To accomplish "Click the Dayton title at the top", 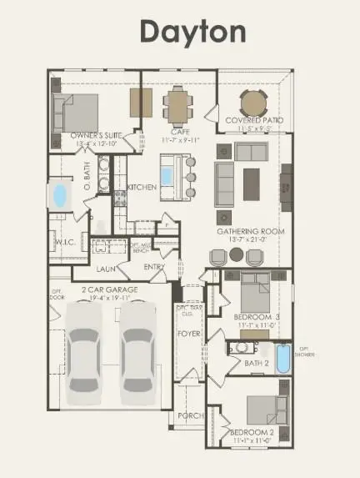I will pyautogui.click(x=192, y=32).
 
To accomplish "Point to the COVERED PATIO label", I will pyautogui.click(x=254, y=121).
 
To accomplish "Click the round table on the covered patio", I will pyautogui.click(x=253, y=103).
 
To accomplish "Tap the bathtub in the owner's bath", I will pyautogui.click(x=60, y=195).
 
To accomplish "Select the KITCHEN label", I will pyautogui.click(x=142, y=188).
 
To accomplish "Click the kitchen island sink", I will pyautogui.click(x=167, y=176).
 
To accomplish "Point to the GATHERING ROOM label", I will pyautogui.click(x=251, y=231).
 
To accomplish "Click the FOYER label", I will pyautogui.click(x=189, y=333).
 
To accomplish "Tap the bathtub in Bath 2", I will pyautogui.click(x=282, y=360).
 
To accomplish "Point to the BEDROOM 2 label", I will pyautogui.click(x=250, y=431).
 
